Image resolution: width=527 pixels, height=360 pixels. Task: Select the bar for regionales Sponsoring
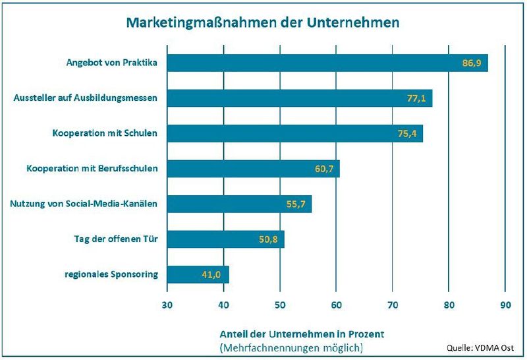198,274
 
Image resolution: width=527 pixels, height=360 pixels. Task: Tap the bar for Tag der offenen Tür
226,239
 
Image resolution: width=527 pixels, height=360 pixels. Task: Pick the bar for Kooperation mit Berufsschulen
254,169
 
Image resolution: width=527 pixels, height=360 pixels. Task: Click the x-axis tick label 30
167,305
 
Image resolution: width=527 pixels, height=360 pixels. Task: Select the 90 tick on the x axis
505,305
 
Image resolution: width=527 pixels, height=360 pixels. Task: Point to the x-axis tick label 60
336,305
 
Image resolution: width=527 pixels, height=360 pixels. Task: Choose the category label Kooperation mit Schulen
105,134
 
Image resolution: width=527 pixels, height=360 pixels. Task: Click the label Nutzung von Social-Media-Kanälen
84,204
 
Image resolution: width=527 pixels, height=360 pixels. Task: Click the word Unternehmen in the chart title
353,22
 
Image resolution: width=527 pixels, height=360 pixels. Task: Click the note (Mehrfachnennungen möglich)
291,347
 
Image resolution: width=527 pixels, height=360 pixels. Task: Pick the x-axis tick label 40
223,305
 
